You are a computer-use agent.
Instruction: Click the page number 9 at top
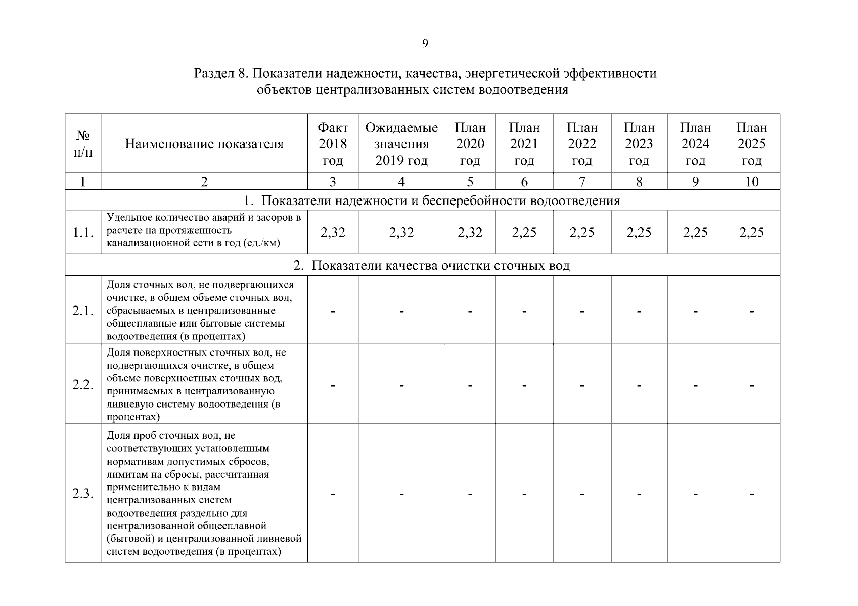[x=425, y=44]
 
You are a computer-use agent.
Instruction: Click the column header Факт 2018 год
[x=333, y=144]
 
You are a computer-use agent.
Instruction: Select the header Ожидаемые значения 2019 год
[x=401, y=144]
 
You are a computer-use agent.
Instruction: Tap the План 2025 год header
[x=751, y=144]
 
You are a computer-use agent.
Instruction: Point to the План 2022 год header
[x=582, y=144]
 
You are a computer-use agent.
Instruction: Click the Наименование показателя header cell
[x=204, y=144]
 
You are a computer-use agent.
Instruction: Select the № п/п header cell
[x=83, y=144]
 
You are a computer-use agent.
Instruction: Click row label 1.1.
[x=83, y=232]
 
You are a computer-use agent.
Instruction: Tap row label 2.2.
[x=83, y=384]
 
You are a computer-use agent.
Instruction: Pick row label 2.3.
[x=83, y=493]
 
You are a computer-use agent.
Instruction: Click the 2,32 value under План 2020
[x=470, y=232]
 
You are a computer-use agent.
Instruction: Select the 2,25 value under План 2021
[x=524, y=232]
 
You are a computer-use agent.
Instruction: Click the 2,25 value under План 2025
[x=751, y=232]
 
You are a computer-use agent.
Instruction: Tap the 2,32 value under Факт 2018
[x=333, y=232]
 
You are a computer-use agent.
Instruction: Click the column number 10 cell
[x=751, y=182]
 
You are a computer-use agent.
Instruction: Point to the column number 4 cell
[x=401, y=182]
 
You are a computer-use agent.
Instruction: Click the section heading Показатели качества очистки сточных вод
[x=440, y=266]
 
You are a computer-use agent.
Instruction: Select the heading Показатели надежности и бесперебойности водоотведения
[x=440, y=201]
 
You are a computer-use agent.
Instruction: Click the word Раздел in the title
[x=212, y=74]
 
